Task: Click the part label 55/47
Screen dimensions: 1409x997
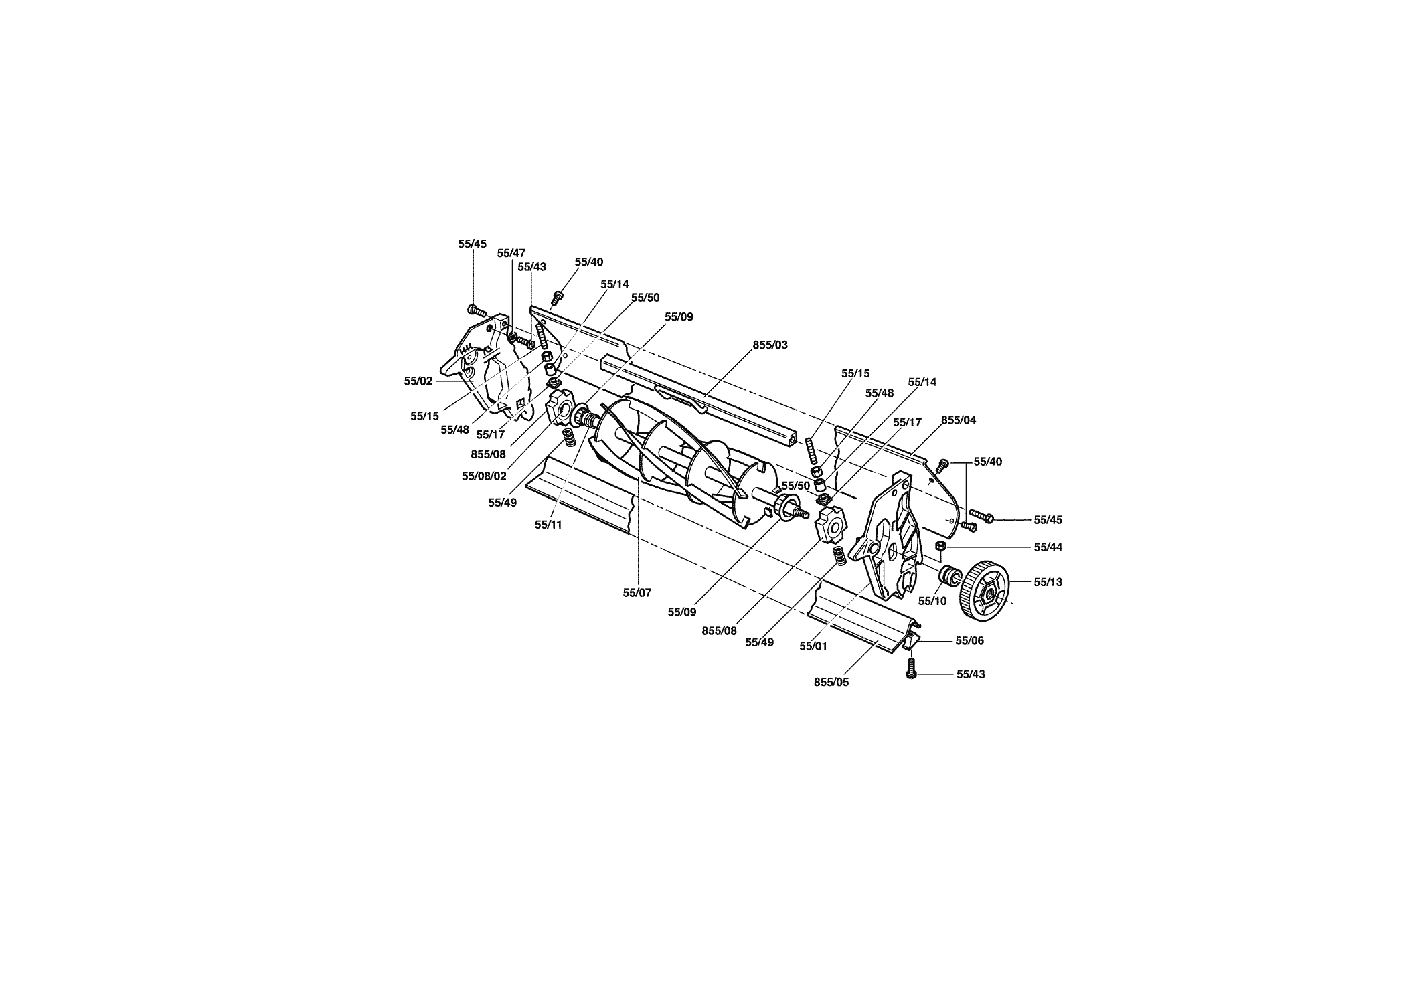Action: tap(511, 253)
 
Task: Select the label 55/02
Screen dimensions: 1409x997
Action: tap(418, 381)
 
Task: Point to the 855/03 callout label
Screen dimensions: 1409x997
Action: tap(770, 345)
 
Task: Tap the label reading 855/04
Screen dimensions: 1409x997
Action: tap(959, 420)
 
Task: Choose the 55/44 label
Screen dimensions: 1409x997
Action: tap(1048, 547)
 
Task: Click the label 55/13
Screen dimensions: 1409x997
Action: tap(1048, 582)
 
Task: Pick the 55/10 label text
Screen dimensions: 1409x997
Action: tap(932, 601)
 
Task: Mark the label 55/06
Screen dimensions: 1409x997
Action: tap(970, 640)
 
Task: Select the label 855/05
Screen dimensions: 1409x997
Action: tap(831, 683)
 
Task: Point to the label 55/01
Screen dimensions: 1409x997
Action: tap(814, 646)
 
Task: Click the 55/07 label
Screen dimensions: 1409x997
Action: tap(637, 592)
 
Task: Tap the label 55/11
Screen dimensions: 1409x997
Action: tap(548, 525)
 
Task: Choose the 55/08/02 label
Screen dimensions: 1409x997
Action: tap(484, 476)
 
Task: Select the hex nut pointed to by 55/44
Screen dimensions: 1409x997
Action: tap(940, 547)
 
